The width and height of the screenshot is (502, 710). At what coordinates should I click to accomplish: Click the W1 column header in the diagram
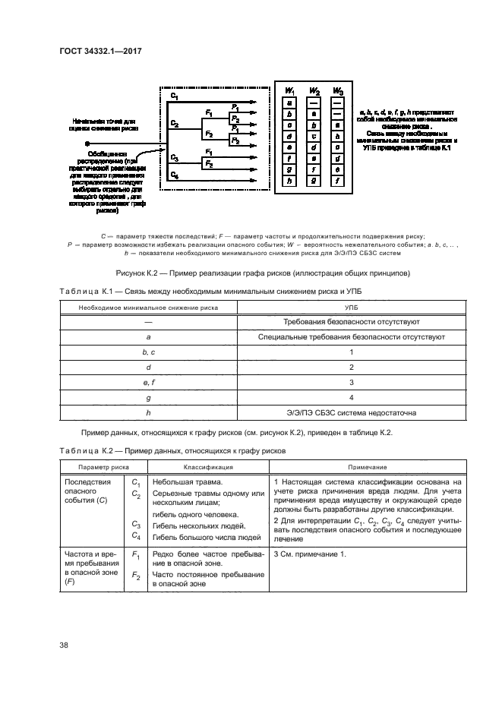[x=289, y=91]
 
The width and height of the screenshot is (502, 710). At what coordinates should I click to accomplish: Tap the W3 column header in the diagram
[x=339, y=91]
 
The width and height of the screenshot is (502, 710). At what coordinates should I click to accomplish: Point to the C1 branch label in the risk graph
[x=175, y=97]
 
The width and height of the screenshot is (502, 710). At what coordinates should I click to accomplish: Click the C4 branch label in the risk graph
[x=175, y=175]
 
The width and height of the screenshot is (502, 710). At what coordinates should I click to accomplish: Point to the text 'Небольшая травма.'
[x=187, y=482]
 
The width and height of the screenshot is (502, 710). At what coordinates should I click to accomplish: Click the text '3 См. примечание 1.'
[x=308, y=555]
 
